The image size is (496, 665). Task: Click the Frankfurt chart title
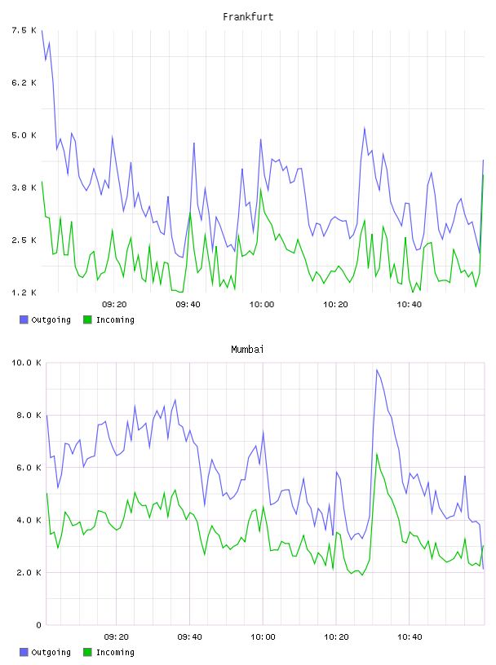[x=248, y=17]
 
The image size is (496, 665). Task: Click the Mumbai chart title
[x=247, y=350]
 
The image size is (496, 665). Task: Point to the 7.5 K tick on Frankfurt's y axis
[x=24, y=30]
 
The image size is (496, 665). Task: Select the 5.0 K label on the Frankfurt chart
[x=24, y=135]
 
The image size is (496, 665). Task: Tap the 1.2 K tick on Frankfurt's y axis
[x=24, y=293]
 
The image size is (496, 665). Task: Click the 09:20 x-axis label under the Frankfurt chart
[x=114, y=305]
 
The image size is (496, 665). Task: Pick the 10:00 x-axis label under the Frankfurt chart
[x=262, y=305]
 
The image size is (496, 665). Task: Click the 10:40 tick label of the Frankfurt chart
[x=409, y=305]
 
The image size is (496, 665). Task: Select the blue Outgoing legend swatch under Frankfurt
[x=24, y=319]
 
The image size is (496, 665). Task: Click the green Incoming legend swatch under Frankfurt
[x=87, y=319]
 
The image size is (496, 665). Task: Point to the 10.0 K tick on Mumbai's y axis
[x=26, y=363]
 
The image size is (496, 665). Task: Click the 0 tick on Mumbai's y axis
[x=38, y=625]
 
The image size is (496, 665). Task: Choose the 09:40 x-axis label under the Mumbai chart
[x=189, y=637]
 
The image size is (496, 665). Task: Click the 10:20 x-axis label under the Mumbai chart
[x=336, y=637]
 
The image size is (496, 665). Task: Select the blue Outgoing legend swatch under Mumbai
[x=24, y=652]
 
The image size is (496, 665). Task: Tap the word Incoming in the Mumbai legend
[x=115, y=652]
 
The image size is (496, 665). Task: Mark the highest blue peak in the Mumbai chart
[x=377, y=370]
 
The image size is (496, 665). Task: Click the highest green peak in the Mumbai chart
[x=377, y=454]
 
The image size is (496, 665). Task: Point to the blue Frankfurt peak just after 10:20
[x=365, y=127]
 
